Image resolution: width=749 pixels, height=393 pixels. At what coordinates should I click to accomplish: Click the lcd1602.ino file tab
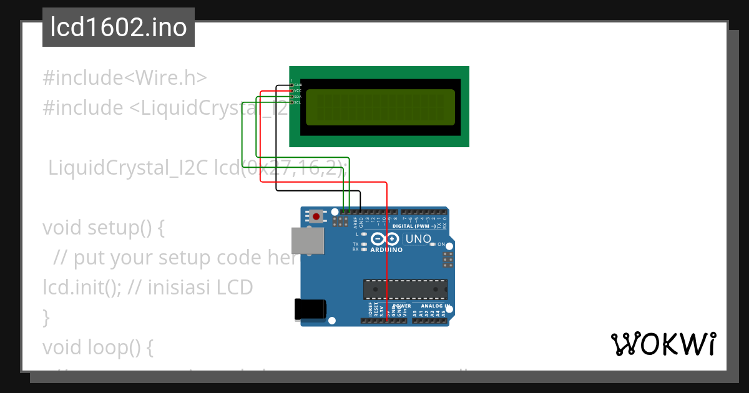tap(118, 28)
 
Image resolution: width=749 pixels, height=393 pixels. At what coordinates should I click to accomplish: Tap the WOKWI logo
tap(663, 344)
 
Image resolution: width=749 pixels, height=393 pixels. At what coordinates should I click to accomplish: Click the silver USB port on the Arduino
tap(308, 241)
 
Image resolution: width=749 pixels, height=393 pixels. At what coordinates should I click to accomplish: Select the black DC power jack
tap(310, 309)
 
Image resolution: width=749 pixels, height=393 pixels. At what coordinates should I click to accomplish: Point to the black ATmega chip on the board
tap(405, 289)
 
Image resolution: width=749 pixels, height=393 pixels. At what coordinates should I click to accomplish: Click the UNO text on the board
tap(418, 239)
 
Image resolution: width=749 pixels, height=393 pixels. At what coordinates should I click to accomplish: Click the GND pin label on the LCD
tap(298, 85)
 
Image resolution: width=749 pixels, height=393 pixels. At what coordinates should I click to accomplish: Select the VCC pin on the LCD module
tap(298, 90)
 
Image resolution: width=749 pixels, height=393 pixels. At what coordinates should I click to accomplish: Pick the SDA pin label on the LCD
tap(298, 97)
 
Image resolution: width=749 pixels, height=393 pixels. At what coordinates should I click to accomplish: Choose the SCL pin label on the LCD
tap(298, 102)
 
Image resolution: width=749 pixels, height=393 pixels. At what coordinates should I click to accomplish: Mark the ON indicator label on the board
tap(441, 244)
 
